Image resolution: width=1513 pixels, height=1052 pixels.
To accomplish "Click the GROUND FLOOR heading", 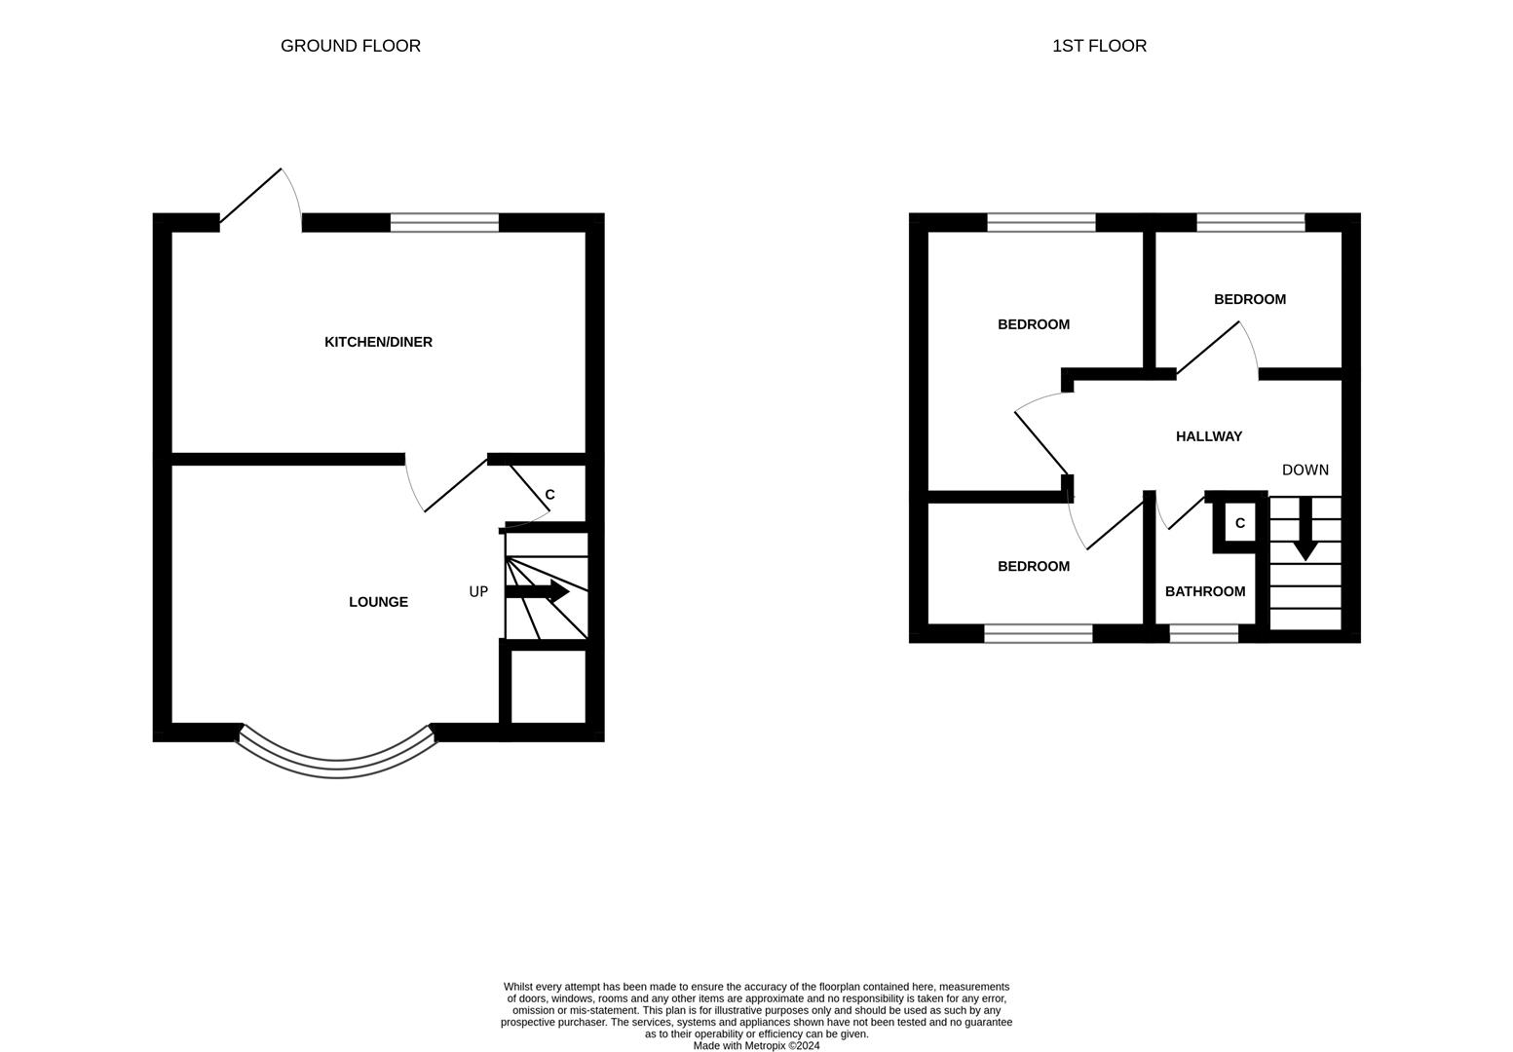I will [x=351, y=46].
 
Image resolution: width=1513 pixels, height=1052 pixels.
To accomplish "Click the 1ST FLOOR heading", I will [x=1099, y=46].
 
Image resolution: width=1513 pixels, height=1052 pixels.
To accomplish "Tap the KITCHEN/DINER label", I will [x=378, y=342].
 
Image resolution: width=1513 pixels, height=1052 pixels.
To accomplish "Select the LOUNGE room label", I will [x=378, y=602].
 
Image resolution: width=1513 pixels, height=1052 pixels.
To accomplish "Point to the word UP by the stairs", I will [x=478, y=591].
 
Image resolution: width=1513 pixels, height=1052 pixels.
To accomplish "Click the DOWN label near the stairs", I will [x=1305, y=470].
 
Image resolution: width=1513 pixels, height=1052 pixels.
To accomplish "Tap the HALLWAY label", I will [x=1209, y=436].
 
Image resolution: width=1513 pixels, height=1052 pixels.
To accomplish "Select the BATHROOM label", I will [x=1205, y=591].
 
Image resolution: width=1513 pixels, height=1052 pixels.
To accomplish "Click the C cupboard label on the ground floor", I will [x=549, y=495].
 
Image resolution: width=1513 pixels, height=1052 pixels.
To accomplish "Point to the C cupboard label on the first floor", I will [x=1240, y=523].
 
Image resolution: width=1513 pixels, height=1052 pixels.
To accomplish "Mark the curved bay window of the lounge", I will [x=337, y=761].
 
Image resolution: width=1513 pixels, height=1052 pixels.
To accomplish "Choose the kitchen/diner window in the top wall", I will [x=444, y=222].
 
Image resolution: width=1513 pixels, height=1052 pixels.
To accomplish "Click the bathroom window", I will [x=1203, y=634].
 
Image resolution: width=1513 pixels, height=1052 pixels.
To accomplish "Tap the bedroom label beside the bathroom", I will [x=1034, y=566].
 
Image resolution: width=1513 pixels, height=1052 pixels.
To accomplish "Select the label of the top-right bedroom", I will [x=1250, y=299].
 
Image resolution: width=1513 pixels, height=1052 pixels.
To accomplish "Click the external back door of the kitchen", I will [x=251, y=196].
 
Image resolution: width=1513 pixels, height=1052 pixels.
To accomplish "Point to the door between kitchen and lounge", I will [x=455, y=484].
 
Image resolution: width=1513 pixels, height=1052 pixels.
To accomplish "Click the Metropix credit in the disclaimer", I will [x=756, y=1046].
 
